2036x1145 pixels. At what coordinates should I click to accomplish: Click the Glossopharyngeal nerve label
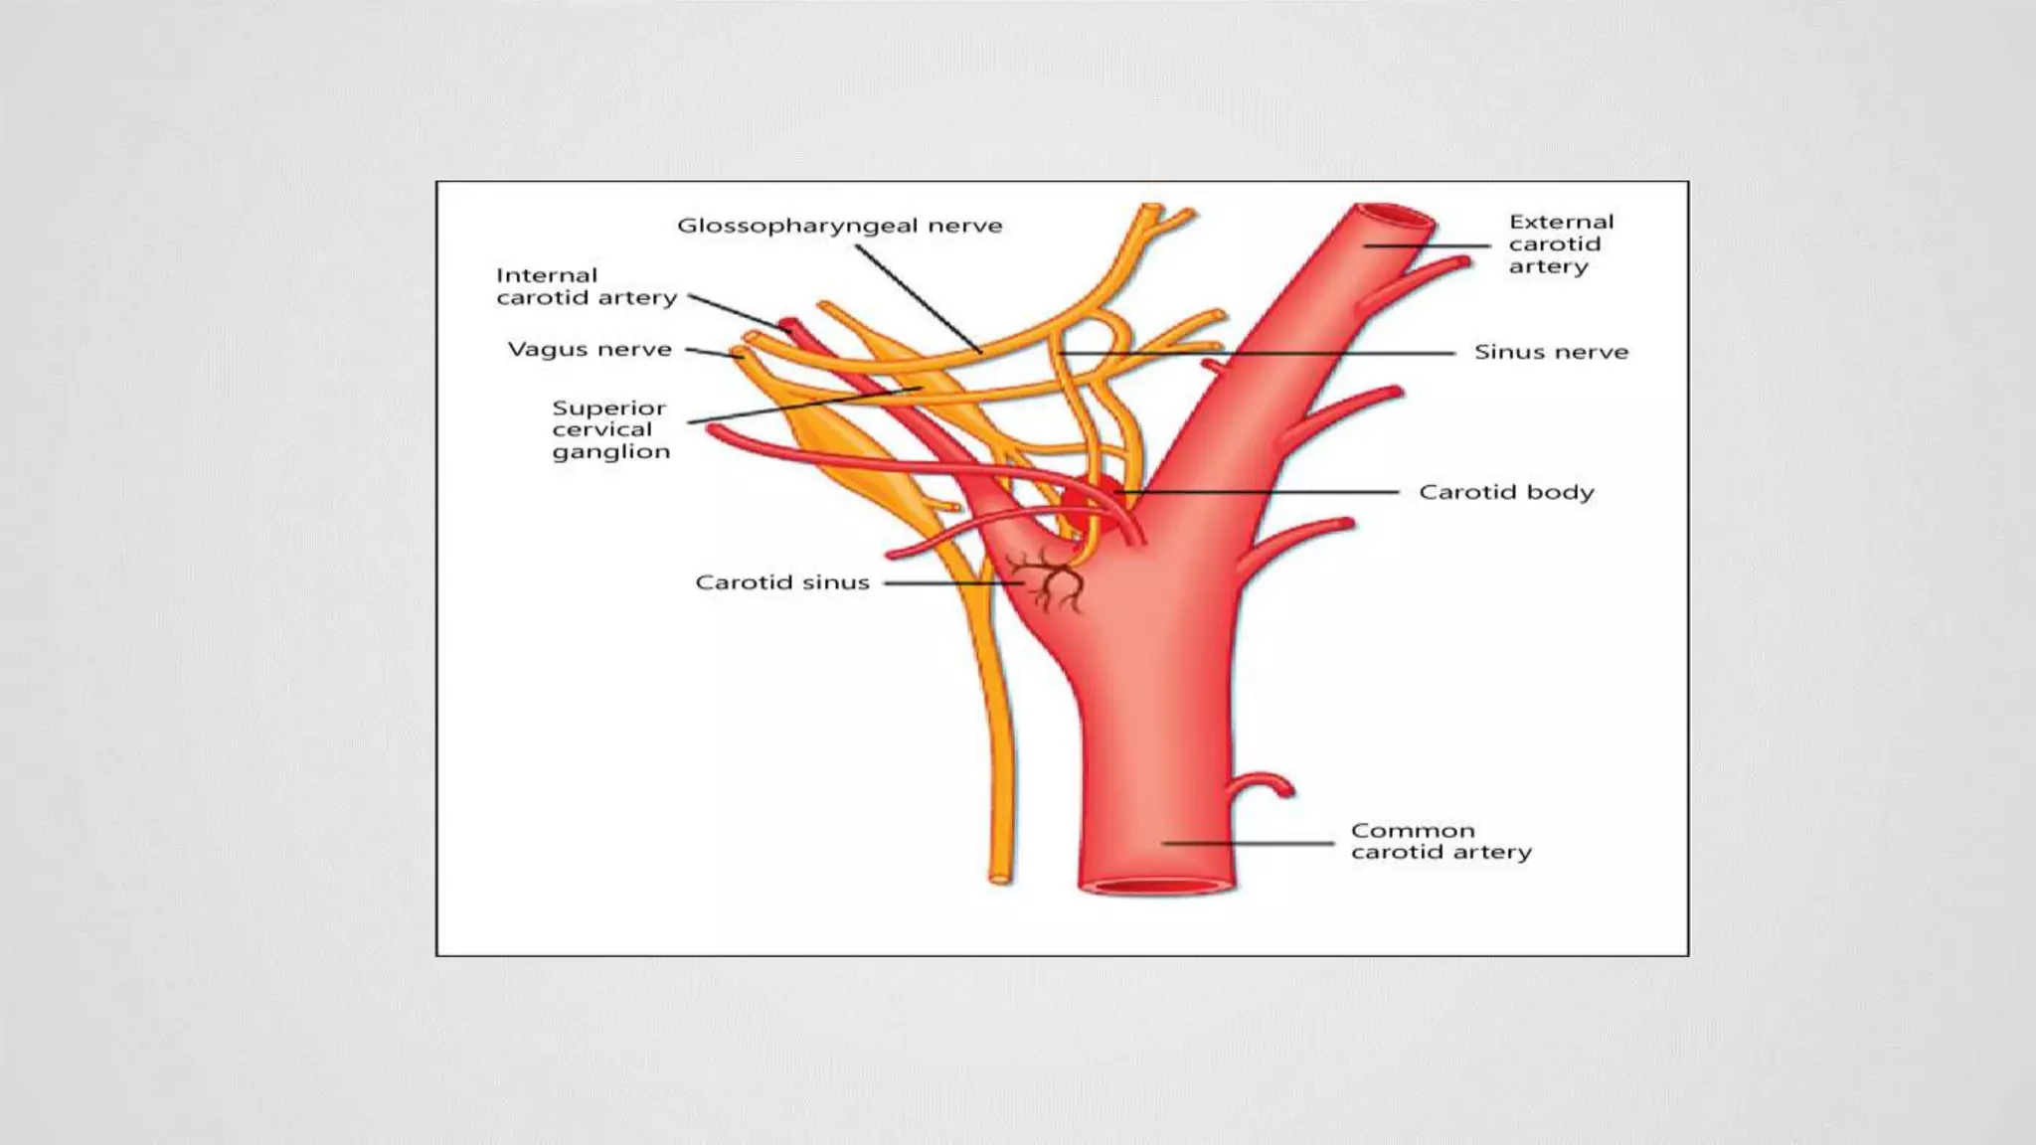click(x=839, y=227)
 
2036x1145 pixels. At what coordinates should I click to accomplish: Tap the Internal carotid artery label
click(x=587, y=286)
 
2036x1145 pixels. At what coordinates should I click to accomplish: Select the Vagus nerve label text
click(x=590, y=350)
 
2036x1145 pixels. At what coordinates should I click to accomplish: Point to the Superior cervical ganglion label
click(x=610, y=429)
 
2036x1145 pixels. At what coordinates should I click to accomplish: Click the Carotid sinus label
click(x=781, y=582)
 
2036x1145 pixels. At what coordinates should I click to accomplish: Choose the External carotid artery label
click(x=1560, y=244)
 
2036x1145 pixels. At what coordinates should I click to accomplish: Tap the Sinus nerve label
click(x=1551, y=352)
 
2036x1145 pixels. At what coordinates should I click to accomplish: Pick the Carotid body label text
click(x=1505, y=492)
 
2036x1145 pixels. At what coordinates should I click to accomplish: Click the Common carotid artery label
click(x=1441, y=841)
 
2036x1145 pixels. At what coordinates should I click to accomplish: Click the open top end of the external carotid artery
click(x=1397, y=216)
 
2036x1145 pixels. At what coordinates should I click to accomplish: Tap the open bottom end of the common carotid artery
click(x=1157, y=888)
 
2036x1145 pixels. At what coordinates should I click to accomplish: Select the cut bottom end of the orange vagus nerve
click(x=999, y=879)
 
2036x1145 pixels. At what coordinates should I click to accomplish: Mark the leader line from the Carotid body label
click(x=1263, y=492)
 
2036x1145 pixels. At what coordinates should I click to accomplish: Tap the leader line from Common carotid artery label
click(x=1248, y=843)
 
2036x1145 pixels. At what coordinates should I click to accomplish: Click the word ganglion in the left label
click(x=610, y=452)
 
